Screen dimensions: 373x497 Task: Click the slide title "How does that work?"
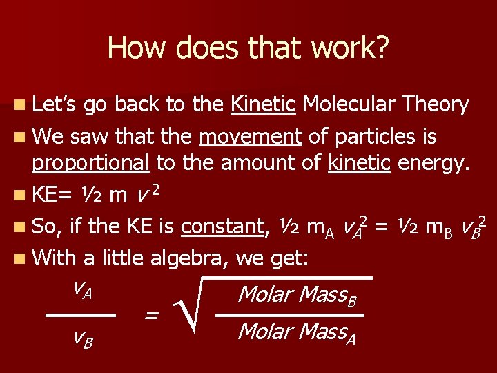(x=248, y=48)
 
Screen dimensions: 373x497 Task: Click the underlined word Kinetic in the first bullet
(x=263, y=105)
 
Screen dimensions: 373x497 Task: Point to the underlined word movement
(x=250, y=137)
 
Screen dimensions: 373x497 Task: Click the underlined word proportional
(x=90, y=163)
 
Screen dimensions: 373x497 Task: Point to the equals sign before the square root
(x=151, y=315)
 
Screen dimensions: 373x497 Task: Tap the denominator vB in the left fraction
(x=84, y=338)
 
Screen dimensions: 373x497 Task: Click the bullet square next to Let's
(x=16, y=106)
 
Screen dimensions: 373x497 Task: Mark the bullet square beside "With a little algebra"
(x=16, y=259)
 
